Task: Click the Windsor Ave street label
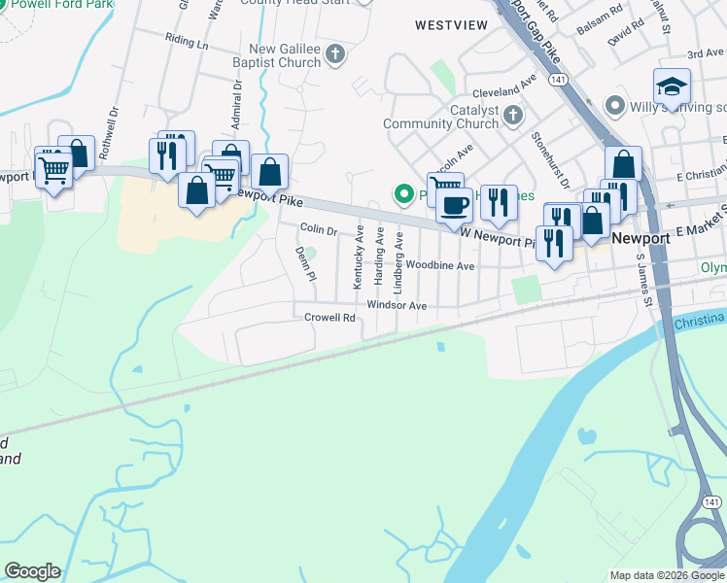(x=397, y=305)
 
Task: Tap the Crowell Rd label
(x=329, y=318)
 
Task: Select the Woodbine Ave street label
(x=439, y=265)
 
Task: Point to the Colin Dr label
(x=318, y=229)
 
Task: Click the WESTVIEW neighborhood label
(x=450, y=24)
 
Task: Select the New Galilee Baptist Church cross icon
(x=335, y=54)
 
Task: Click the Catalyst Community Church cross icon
(x=514, y=117)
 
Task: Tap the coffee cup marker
(x=454, y=204)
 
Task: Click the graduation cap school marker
(x=672, y=87)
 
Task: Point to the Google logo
(x=32, y=571)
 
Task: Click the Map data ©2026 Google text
(x=666, y=575)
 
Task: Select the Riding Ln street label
(x=187, y=44)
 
